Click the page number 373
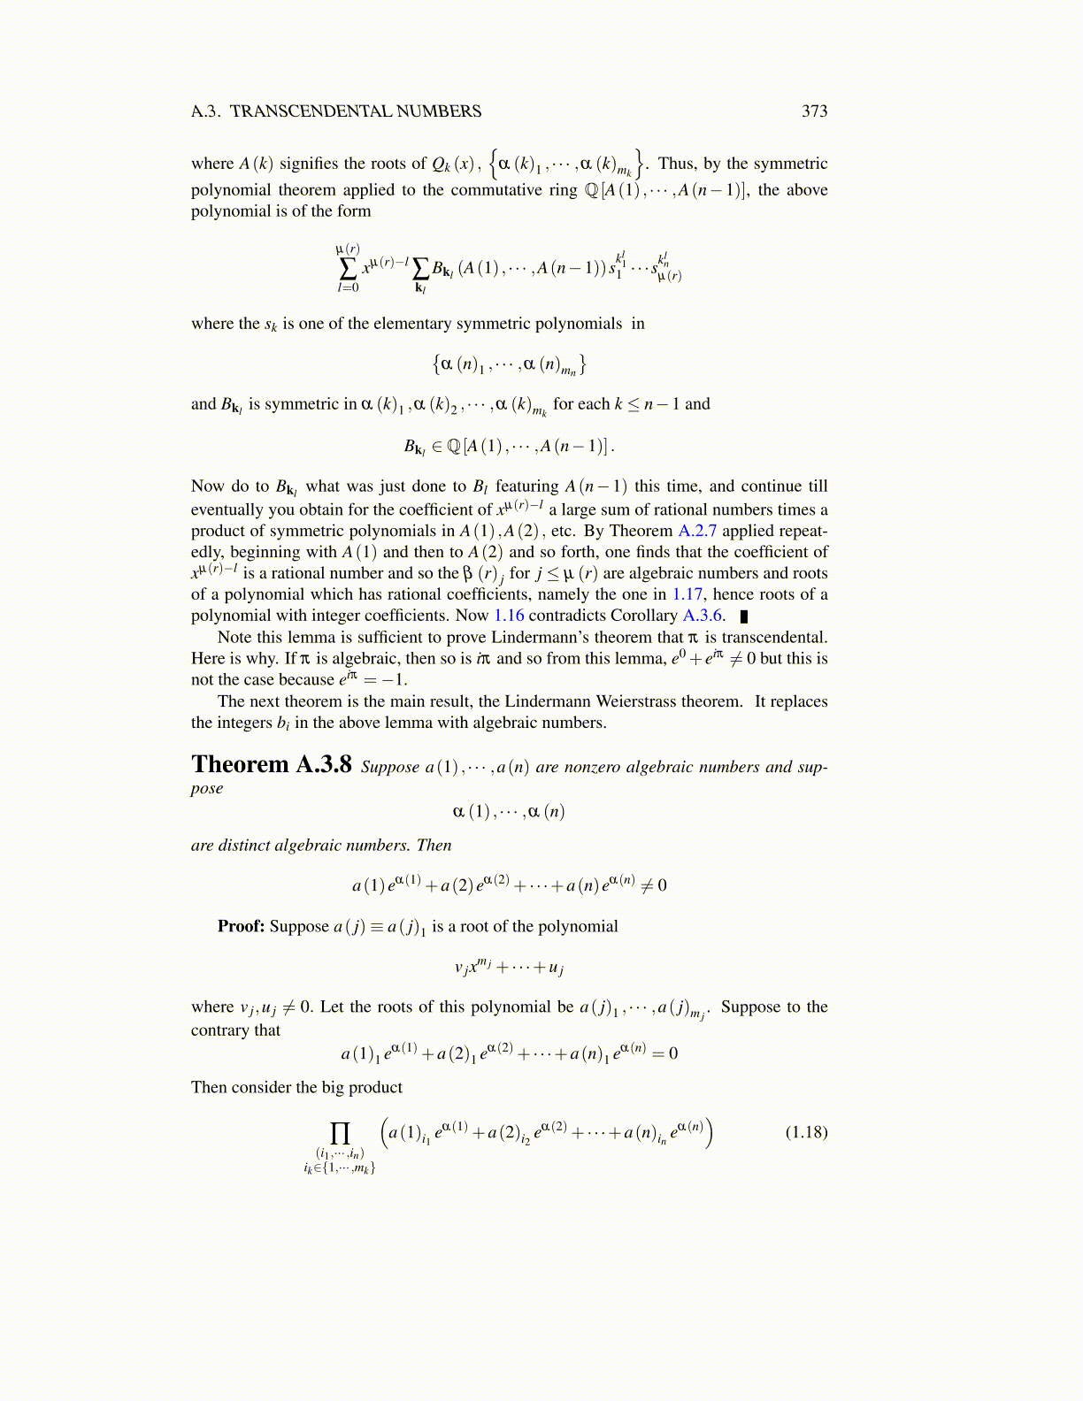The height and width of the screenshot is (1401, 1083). (814, 111)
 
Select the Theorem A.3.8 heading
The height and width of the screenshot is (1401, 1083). (271, 764)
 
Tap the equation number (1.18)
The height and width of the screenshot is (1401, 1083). (806, 1132)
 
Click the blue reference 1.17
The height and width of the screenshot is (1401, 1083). (687, 594)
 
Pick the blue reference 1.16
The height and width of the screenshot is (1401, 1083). (509, 616)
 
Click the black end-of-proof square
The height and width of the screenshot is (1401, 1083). (744, 616)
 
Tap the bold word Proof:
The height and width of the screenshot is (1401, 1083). (242, 926)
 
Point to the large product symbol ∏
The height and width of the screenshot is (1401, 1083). (340, 1133)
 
